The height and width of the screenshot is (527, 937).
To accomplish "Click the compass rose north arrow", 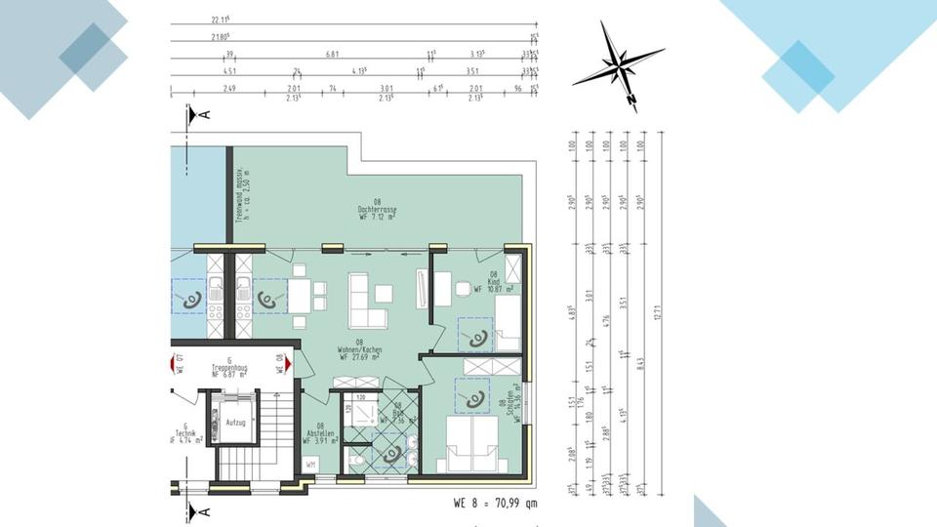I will [619, 66].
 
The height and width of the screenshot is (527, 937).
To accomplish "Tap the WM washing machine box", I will [310, 465].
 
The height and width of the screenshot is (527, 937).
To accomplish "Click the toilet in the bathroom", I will [358, 459].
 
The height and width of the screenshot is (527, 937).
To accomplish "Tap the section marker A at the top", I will [199, 114].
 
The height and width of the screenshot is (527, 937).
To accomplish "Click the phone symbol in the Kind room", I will [477, 338].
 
